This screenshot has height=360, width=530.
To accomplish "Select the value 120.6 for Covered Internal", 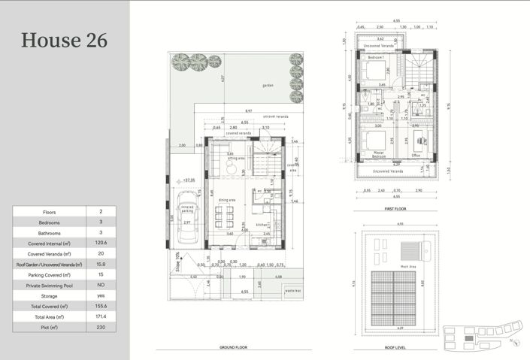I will click(101, 244).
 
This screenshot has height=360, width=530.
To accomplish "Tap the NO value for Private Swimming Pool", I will click(101, 286).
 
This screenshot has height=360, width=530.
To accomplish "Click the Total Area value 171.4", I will click(101, 317).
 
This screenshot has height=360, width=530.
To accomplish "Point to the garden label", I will click(268, 86).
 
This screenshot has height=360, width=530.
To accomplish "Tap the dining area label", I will click(228, 199).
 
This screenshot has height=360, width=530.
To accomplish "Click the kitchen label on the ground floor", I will click(262, 224).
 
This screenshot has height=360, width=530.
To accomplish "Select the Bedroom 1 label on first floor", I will click(375, 57).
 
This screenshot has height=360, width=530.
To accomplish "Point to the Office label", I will click(415, 156).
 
